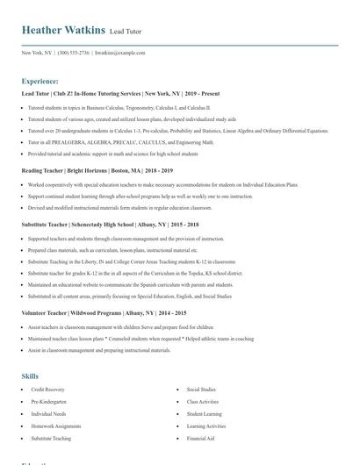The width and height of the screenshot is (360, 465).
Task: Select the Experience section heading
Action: (40, 80)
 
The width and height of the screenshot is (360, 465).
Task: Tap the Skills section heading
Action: (30, 376)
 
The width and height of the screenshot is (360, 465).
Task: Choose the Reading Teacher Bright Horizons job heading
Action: (97, 172)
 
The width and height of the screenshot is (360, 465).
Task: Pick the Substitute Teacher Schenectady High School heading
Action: (110, 225)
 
